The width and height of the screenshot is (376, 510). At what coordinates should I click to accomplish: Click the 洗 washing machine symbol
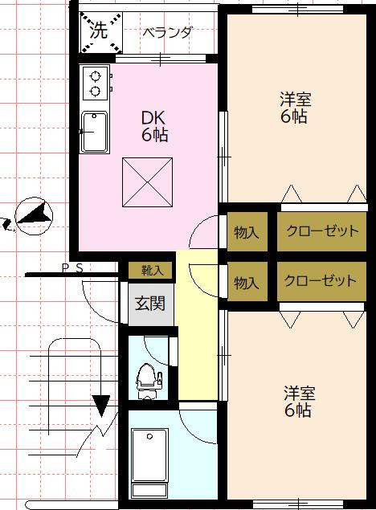pyautogui.click(x=99, y=32)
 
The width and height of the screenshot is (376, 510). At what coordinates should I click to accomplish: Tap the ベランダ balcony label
pyautogui.click(x=167, y=33)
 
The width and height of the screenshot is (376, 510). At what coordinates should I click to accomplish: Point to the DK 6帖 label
pyautogui.click(x=155, y=125)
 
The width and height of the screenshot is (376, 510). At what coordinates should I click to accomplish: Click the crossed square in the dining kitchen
pyautogui.click(x=147, y=182)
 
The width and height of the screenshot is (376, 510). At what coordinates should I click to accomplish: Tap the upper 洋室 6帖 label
pyautogui.click(x=295, y=108)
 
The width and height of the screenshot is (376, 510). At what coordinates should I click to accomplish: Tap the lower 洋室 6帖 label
pyautogui.click(x=298, y=402)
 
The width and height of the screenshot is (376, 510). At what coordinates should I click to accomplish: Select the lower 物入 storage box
pyautogui.click(x=247, y=283)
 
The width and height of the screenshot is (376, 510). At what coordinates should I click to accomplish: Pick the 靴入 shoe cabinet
pyautogui.click(x=151, y=271)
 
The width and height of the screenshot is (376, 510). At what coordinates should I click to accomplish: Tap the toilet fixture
pyautogui.click(x=147, y=378)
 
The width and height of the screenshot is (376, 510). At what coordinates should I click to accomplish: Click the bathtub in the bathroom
pyautogui.click(x=150, y=461)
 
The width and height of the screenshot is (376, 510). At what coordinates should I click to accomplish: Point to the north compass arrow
pyautogui.click(x=34, y=212)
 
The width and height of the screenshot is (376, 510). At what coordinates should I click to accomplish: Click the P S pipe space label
pyautogui.click(x=72, y=268)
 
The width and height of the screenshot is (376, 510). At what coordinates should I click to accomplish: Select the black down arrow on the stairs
pyautogui.click(x=101, y=404)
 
